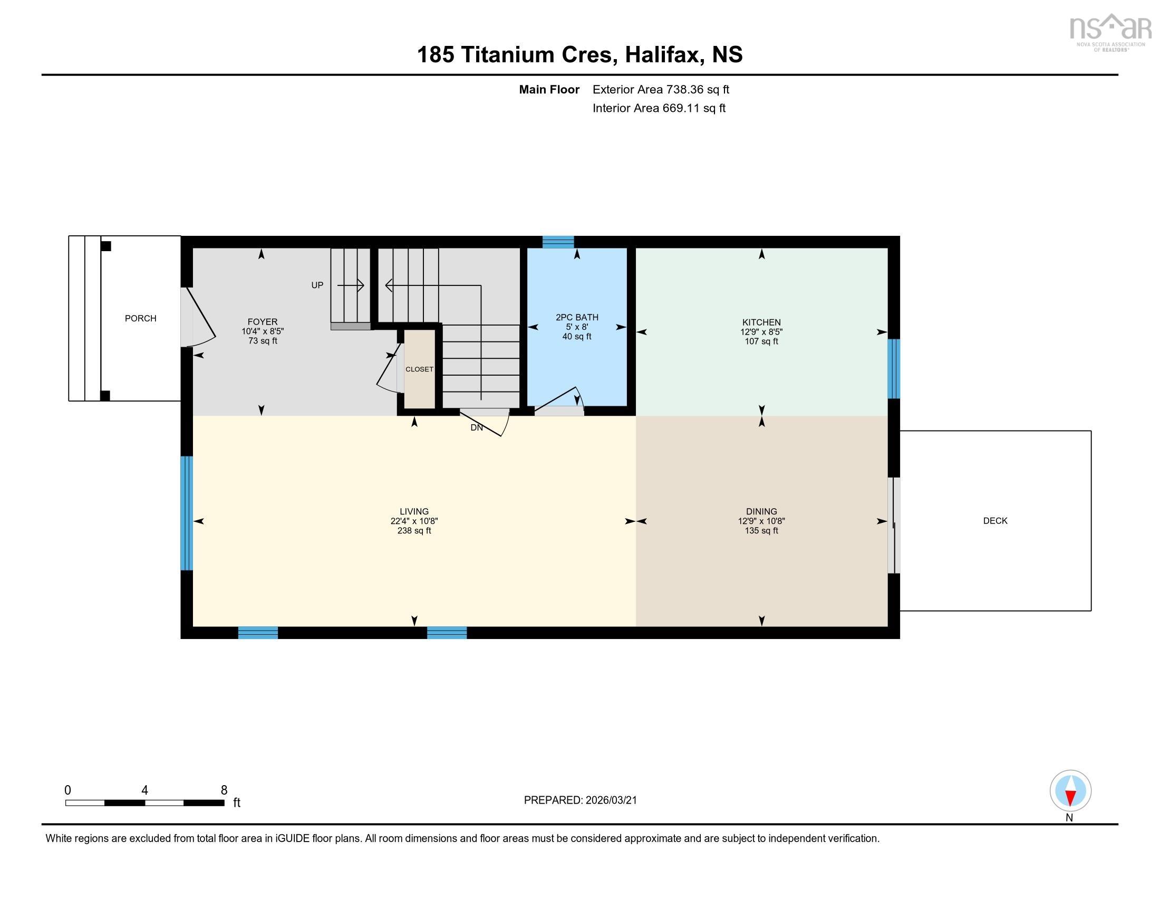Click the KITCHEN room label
(x=761, y=322)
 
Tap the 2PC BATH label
(x=577, y=317)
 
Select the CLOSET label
(x=419, y=369)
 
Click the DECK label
(x=995, y=521)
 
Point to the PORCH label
(x=140, y=318)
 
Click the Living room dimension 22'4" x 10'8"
(x=414, y=521)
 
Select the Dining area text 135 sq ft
(x=761, y=531)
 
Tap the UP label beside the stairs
(x=317, y=285)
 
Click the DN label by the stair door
(x=477, y=427)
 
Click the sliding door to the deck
(x=893, y=525)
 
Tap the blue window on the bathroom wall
(x=558, y=242)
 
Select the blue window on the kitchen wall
(x=894, y=369)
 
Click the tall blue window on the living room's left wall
(x=187, y=513)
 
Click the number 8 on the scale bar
(x=224, y=790)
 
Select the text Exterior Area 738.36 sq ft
(x=661, y=90)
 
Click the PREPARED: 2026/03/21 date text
(x=580, y=800)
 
